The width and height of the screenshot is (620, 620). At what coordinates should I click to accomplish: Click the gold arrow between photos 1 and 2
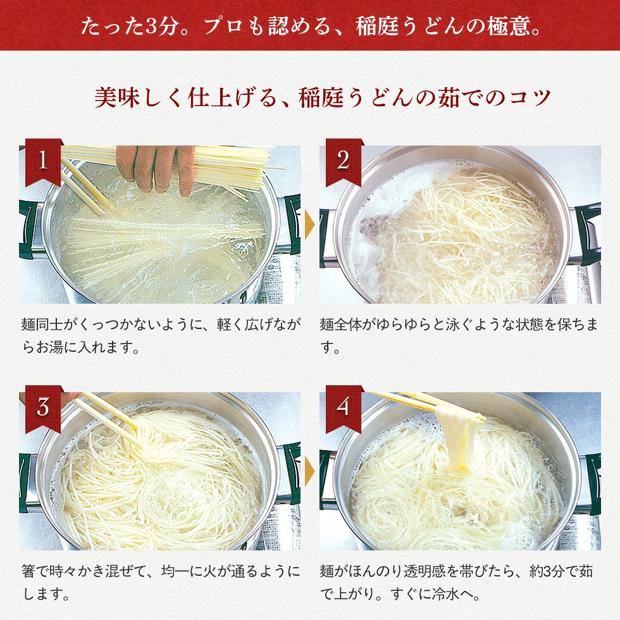tap(309, 225)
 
